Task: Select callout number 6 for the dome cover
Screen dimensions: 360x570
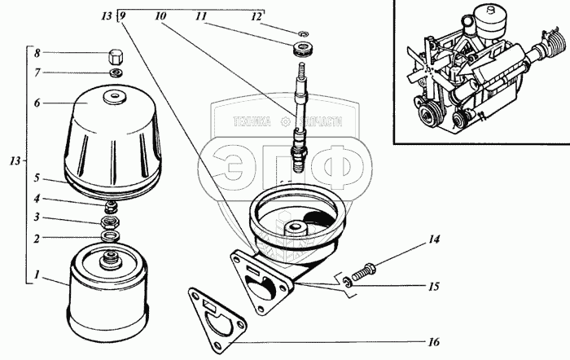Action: pos(37,103)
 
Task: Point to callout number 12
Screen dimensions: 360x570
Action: pos(256,15)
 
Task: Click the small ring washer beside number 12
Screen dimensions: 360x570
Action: pos(302,34)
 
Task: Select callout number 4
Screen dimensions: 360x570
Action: pos(37,198)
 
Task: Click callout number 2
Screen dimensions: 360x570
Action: pos(37,238)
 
